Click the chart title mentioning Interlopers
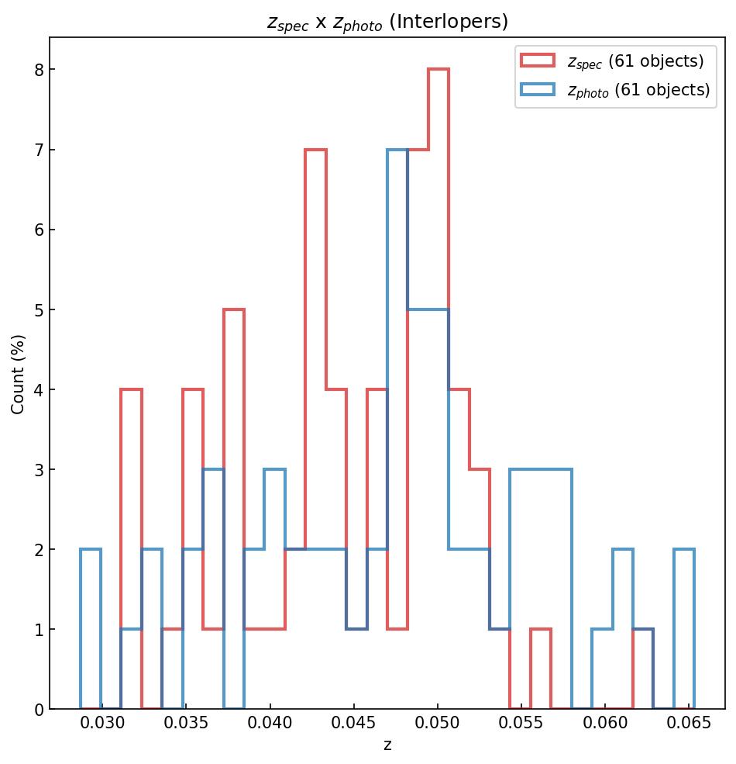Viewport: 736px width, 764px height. (387, 22)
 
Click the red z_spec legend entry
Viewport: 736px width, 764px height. (612, 60)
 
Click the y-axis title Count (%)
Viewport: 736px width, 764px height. (18, 374)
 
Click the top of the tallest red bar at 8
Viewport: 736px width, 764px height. (439, 70)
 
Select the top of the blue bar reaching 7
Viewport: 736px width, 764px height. (397, 150)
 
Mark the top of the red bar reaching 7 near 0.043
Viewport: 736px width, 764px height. (315, 150)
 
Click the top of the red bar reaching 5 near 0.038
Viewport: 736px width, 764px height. (234, 309)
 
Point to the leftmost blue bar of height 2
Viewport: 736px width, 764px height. (91, 549)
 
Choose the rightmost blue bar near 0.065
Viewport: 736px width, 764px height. (684, 549)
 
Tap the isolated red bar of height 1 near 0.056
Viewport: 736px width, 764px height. (541, 629)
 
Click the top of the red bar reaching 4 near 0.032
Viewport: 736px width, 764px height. (131, 389)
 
